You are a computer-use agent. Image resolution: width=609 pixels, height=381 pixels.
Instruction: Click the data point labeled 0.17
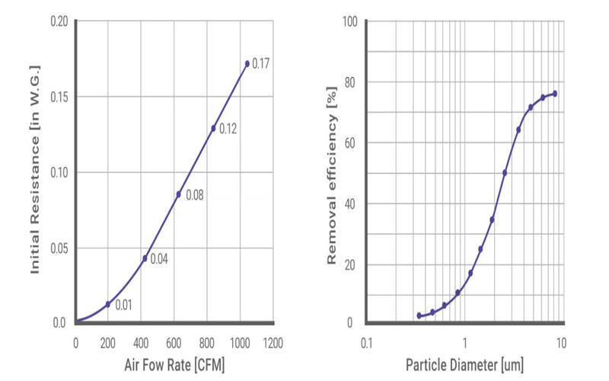coord(247,63)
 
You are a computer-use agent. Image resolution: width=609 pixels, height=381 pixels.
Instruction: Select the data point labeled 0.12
coord(213,128)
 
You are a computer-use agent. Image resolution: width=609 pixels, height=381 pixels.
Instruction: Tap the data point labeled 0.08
coord(179,194)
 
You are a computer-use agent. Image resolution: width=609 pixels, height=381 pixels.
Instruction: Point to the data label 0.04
coord(158,259)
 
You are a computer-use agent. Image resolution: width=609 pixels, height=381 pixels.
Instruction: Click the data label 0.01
coord(124,306)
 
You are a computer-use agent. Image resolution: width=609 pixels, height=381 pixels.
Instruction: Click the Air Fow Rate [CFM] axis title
coord(174,365)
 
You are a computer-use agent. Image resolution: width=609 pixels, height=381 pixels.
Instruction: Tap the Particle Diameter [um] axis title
coord(464,365)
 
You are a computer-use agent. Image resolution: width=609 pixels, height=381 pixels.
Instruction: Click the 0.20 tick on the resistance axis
coord(59,21)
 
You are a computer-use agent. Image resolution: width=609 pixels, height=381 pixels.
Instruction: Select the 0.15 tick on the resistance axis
coord(59,97)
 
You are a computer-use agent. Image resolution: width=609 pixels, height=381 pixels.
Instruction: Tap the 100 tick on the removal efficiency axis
coord(349,21)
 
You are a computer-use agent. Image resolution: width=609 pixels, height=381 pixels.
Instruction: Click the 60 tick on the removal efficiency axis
coord(351,142)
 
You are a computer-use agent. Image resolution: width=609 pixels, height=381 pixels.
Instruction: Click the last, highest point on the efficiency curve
coord(554,94)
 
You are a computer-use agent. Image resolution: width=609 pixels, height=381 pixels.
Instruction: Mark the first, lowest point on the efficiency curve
coord(419,315)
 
